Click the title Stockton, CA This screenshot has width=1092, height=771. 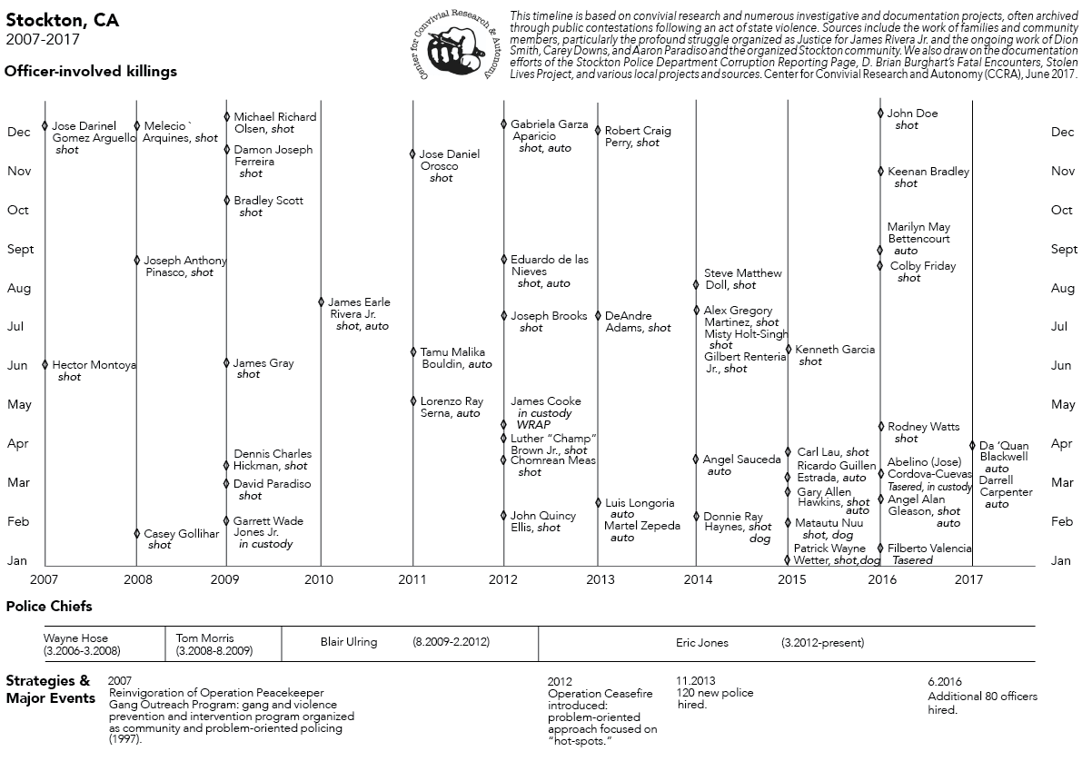click(62, 20)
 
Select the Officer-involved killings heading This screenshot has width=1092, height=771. click(91, 71)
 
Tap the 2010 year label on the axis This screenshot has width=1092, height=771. click(320, 578)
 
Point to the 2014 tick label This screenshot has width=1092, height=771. click(697, 578)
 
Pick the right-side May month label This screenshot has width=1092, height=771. click(1062, 404)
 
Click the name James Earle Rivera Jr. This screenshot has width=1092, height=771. click(358, 308)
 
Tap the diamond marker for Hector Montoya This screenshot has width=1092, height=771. click(45, 364)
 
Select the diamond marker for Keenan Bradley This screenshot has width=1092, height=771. click(880, 171)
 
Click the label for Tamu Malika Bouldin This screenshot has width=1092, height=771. click(452, 358)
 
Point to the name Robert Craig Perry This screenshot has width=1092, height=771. click(638, 136)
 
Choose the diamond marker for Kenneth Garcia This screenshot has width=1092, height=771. click(789, 349)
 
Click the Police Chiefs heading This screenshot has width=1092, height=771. click(49, 606)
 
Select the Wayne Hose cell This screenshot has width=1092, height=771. click(82, 644)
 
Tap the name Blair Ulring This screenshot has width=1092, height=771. click(348, 642)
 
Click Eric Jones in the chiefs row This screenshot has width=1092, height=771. click(701, 642)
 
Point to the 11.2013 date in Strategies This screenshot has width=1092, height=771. click(696, 680)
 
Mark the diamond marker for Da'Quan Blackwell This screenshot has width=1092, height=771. click(972, 445)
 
